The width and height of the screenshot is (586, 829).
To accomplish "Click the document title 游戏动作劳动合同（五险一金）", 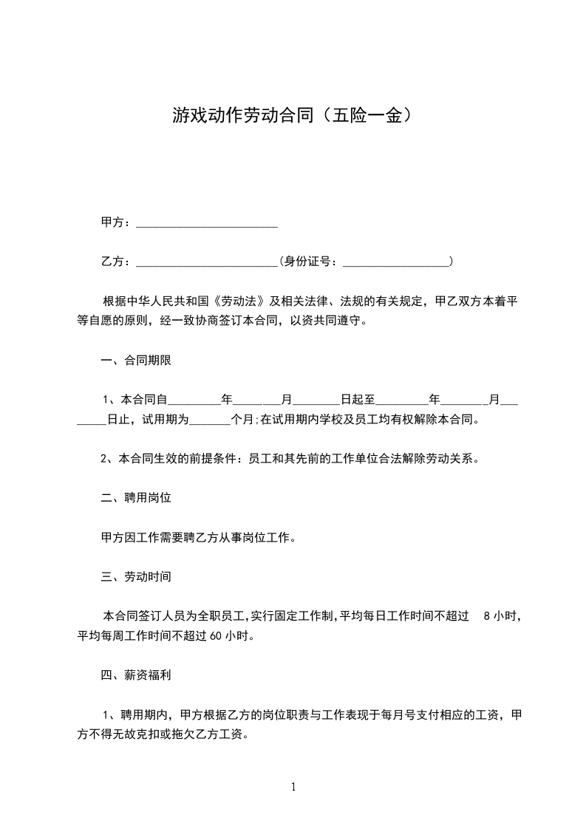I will click(x=292, y=116).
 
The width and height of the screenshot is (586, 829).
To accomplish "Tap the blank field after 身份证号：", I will click(x=397, y=262).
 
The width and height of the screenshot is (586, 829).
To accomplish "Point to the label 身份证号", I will click(x=309, y=262).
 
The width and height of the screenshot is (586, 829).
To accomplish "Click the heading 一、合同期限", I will click(x=137, y=361).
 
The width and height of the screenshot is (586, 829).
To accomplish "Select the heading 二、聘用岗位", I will click(x=137, y=498).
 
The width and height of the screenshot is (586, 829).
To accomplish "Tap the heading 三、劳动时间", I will click(x=137, y=576).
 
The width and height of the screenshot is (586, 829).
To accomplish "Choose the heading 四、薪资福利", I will click(x=137, y=675).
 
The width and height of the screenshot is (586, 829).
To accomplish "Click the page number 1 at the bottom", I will click(x=293, y=788).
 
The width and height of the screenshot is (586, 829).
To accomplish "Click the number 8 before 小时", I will click(x=486, y=615).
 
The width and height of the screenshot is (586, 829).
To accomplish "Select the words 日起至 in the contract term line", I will click(x=358, y=400).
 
